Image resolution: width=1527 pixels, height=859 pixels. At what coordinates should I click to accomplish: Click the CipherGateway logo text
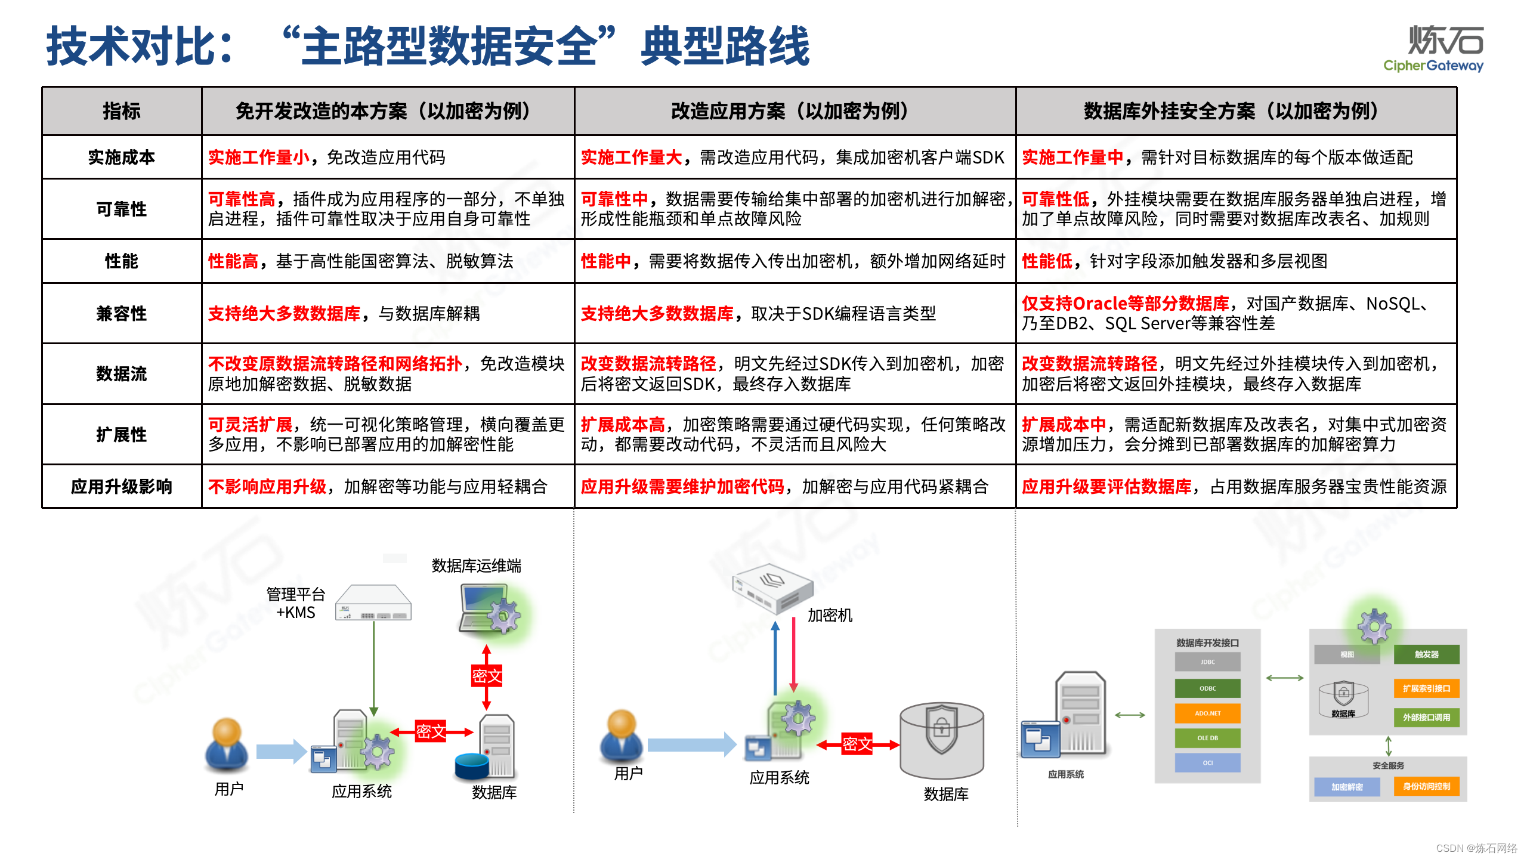pyautogui.click(x=1433, y=66)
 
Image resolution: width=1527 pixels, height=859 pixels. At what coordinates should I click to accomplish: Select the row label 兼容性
pyautogui.click(x=121, y=314)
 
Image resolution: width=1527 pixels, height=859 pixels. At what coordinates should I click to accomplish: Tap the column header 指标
pyautogui.click(x=121, y=112)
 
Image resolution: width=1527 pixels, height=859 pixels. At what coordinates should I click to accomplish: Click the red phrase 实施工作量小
pyautogui.click(x=259, y=157)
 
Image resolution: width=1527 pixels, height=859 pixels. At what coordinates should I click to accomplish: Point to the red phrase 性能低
pyautogui.click(x=1047, y=261)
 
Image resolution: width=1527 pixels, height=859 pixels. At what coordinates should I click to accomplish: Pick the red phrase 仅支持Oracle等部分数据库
pyautogui.click(x=1125, y=304)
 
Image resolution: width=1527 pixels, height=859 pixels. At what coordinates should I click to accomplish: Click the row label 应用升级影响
pyautogui.click(x=121, y=487)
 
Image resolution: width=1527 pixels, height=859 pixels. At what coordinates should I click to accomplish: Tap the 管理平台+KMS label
pyautogui.click(x=296, y=603)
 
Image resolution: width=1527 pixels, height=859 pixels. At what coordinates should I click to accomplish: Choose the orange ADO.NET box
pyautogui.click(x=1207, y=713)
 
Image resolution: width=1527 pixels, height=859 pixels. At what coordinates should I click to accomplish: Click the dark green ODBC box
pyautogui.click(x=1207, y=688)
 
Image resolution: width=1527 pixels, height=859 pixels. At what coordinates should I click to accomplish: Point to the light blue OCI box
pyautogui.click(x=1207, y=763)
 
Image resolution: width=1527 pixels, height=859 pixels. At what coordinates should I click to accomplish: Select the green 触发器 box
pyautogui.click(x=1426, y=654)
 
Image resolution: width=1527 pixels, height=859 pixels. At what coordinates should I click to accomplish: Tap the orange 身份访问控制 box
pyautogui.click(x=1426, y=787)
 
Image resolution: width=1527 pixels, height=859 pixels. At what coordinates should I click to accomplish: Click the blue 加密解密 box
pyautogui.click(x=1347, y=787)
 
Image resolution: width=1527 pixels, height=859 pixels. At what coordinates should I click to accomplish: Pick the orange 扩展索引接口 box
pyautogui.click(x=1426, y=688)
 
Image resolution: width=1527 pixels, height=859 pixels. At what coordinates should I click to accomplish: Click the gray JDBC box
pyautogui.click(x=1207, y=662)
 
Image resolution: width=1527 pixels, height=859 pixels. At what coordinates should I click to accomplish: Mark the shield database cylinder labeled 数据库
pyautogui.click(x=941, y=740)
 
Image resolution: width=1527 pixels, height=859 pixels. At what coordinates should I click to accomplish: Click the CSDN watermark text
pyautogui.click(x=1476, y=848)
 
